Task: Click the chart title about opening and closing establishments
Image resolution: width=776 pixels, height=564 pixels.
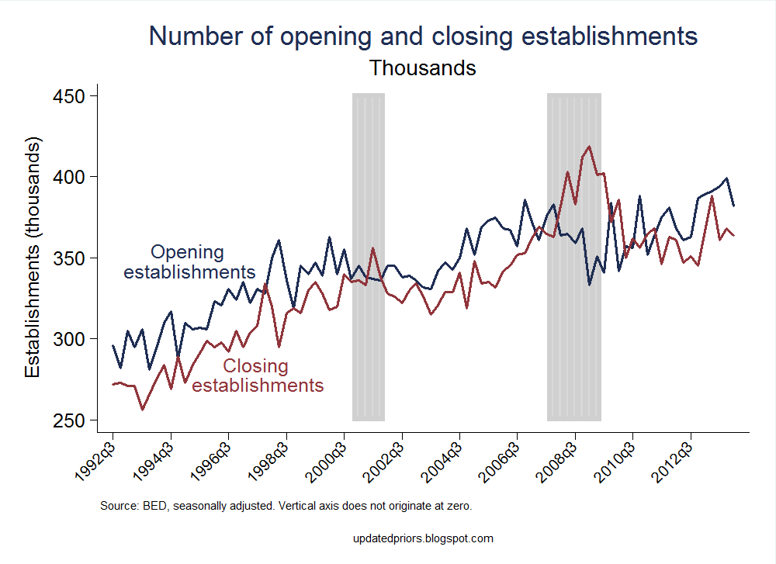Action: (423, 36)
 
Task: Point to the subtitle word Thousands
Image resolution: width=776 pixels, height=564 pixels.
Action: (422, 68)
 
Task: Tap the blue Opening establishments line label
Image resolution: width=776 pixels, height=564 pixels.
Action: (189, 262)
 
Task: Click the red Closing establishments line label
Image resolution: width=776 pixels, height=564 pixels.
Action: (257, 375)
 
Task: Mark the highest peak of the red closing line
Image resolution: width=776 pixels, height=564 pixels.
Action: (589, 146)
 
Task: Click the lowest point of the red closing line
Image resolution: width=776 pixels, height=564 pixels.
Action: (142, 410)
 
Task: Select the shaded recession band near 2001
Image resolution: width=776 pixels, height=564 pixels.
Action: (369, 256)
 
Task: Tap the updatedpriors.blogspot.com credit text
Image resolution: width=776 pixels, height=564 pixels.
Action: (422, 538)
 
